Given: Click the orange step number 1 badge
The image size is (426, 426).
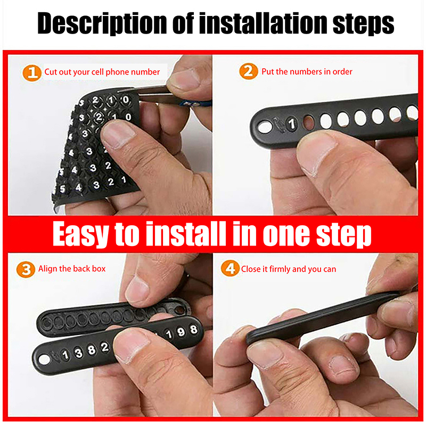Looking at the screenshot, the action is pos(32,73).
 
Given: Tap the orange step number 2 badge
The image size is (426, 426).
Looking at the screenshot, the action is pos(248,71).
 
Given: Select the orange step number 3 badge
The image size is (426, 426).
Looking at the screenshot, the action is pos(26,269).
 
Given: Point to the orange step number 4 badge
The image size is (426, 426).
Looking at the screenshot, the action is pos(230,268).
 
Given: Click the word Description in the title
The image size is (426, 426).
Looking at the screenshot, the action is pos(102,23).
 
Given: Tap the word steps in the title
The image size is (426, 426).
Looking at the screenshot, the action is pos(363,24).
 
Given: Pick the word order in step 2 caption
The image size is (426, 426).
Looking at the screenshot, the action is pos(342,71).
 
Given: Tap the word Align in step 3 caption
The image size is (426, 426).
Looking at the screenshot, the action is pos(47,269).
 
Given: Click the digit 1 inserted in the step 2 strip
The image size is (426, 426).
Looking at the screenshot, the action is pos(292,124).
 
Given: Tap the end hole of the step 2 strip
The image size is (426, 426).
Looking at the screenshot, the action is pos(265,127).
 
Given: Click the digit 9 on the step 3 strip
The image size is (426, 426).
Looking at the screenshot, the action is pos(181,332).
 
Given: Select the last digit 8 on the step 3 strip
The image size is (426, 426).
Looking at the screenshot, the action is pos(193,330).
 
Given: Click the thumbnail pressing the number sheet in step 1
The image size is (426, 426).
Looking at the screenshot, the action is pos(117,134).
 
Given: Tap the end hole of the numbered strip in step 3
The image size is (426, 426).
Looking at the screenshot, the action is pos(44,360).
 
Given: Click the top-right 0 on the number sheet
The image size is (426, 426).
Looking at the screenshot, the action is pos(126,100).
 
